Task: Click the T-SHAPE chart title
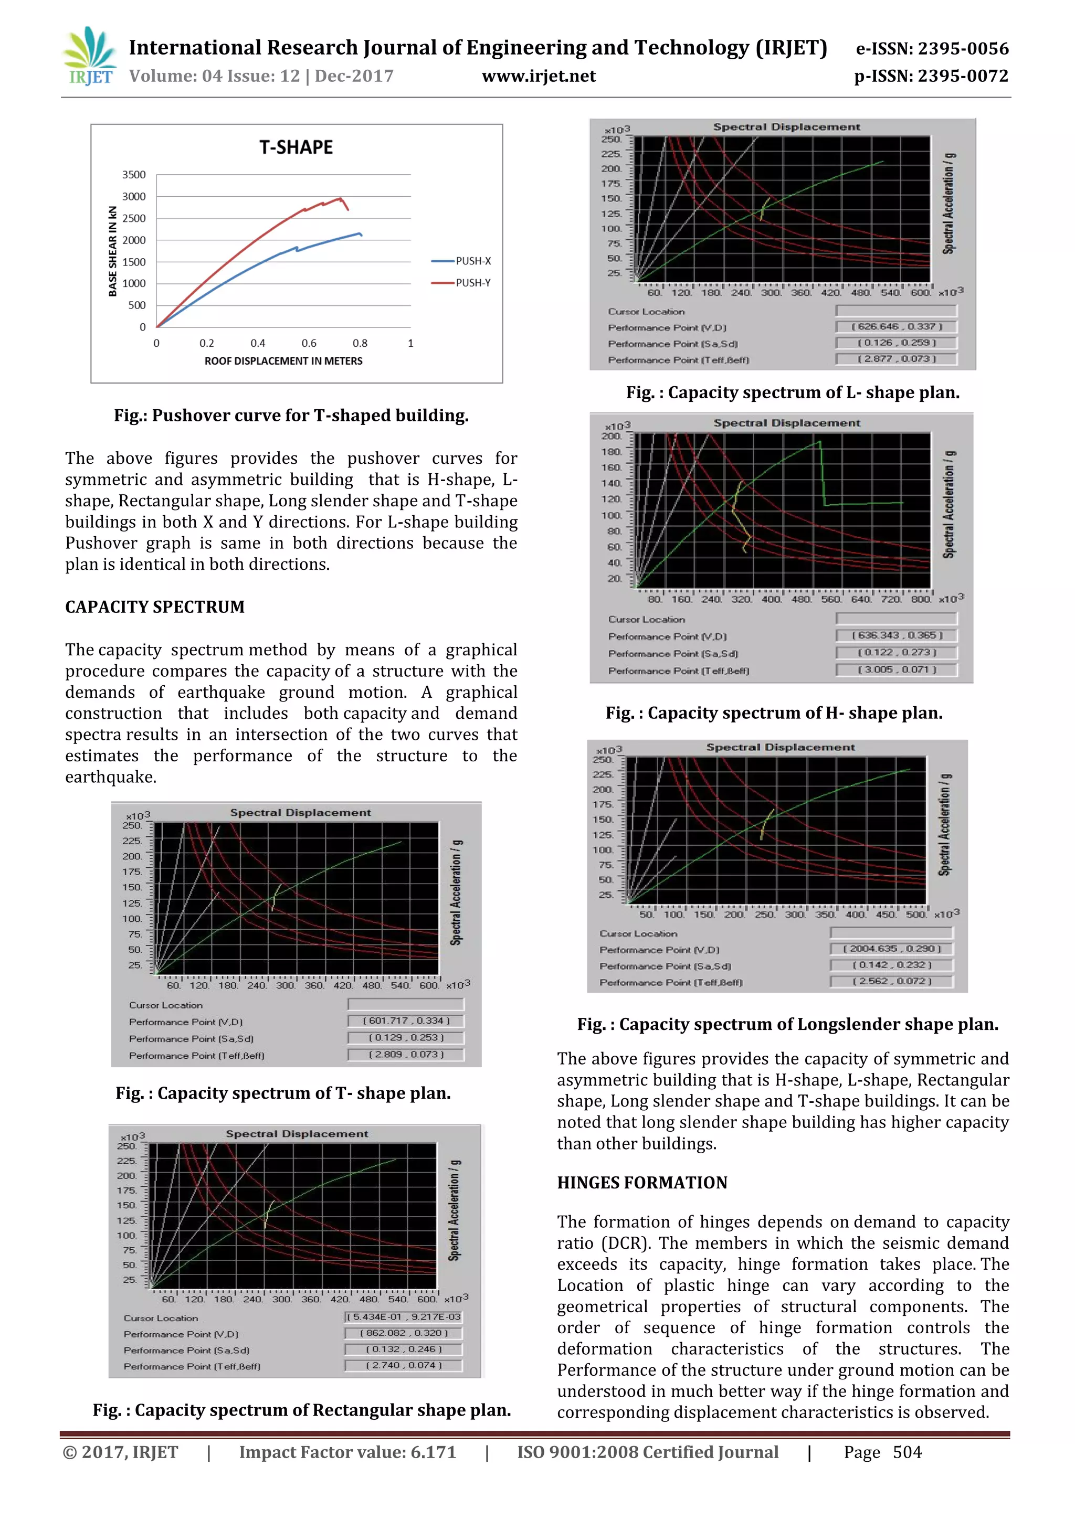coord(296,147)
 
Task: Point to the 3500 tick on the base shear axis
coord(134,175)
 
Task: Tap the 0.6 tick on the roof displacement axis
coord(309,343)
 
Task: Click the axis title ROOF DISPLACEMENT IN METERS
coord(283,361)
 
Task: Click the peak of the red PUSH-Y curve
coord(340,198)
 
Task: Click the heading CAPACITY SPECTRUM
coord(155,607)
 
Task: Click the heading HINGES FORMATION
coord(642,1183)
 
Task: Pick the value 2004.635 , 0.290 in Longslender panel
coord(891,949)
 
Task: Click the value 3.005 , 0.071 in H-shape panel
coord(897,669)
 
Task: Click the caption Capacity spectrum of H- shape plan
coord(774,713)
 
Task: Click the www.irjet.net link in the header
coord(539,76)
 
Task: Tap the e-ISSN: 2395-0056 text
coord(932,48)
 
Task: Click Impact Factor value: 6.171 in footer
coord(347,1452)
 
